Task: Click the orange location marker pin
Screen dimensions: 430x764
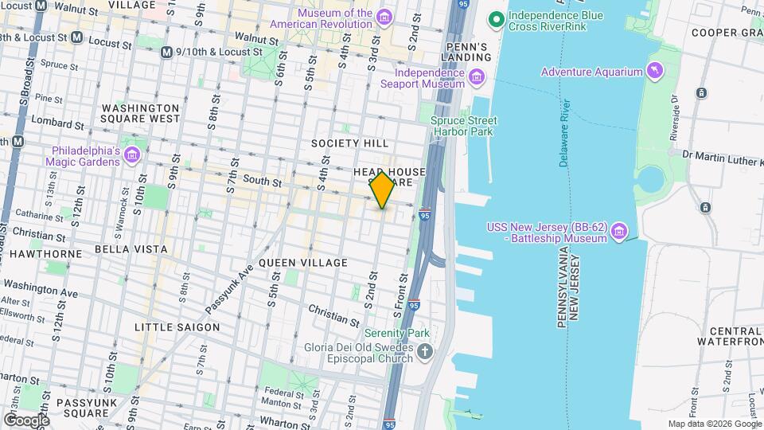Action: pos(383,190)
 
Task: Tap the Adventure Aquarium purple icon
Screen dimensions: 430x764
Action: pos(655,72)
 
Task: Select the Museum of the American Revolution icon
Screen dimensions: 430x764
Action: pos(384,18)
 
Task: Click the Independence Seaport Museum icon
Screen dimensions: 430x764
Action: pos(477,76)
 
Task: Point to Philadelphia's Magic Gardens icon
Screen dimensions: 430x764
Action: pos(133,154)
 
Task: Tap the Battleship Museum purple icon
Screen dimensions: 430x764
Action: pos(620,232)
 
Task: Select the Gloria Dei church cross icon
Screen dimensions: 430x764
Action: pos(426,351)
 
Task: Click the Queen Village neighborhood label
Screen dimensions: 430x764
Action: pos(303,263)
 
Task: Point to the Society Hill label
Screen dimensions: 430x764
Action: pos(350,143)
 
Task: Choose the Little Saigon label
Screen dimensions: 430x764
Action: pos(177,327)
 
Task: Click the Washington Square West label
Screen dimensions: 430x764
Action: pos(141,113)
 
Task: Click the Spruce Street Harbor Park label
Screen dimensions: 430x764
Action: pos(463,126)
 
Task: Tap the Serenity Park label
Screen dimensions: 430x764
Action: pos(396,333)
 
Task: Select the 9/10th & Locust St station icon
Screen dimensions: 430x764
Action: pos(166,52)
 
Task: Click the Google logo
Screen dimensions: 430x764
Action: pos(26,420)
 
